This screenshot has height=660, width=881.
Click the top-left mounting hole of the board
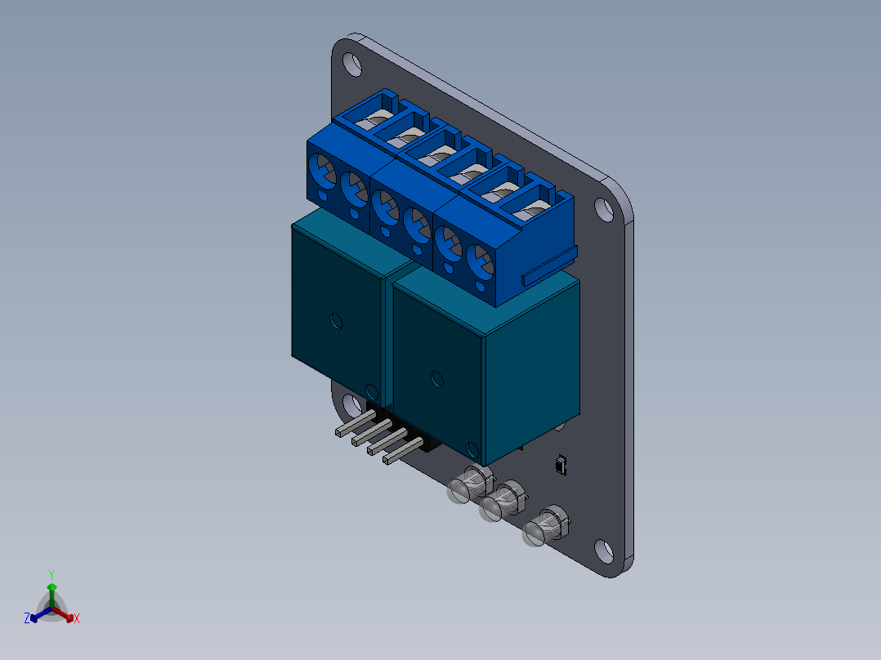click(x=352, y=64)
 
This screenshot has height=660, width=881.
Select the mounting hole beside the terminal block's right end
click(x=605, y=209)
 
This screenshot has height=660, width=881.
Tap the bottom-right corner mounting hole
click(x=604, y=551)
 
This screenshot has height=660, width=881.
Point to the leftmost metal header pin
click(x=355, y=423)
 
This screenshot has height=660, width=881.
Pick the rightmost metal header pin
click(x=403, y=451)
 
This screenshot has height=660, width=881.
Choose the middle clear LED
click(x=503, y=501)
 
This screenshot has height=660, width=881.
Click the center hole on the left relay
click(x=336, y=321)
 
